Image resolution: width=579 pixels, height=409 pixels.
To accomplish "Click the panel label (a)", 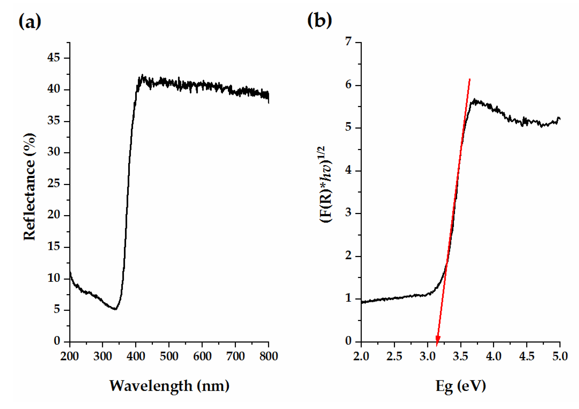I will coord(30,21).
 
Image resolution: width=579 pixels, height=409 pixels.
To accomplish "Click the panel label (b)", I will coord(319,20).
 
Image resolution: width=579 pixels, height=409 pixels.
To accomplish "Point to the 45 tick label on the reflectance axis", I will coord(53,58).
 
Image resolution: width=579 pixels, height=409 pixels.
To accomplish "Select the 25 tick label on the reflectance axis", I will coord(53,184).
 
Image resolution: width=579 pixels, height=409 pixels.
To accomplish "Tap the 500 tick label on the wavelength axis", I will coord(169,357).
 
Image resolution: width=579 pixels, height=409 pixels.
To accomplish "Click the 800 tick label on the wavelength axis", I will coord(268,357).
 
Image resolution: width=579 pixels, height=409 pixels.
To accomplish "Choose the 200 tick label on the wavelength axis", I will coord(69,357).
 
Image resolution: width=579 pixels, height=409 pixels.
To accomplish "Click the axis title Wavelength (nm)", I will coord(169,386).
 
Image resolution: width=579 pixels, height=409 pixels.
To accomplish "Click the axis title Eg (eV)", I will coord(461,386).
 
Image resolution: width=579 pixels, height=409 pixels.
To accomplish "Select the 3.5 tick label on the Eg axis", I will coord(461,357).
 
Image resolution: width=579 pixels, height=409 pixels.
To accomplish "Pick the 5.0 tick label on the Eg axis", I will coord(560,357).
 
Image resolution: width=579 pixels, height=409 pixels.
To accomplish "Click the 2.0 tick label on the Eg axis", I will coord(361,357).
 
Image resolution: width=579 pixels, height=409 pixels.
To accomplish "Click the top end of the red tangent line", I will coord(470,79).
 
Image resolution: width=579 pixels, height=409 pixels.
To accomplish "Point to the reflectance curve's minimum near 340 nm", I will coord(115,309).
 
